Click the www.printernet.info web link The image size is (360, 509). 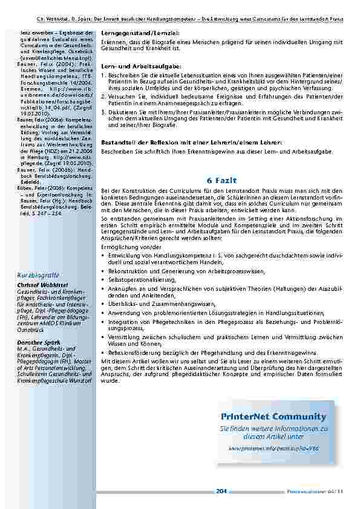[273, 449]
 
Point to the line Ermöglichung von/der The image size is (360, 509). [126, 247]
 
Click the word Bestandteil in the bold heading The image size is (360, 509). [118, 141]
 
